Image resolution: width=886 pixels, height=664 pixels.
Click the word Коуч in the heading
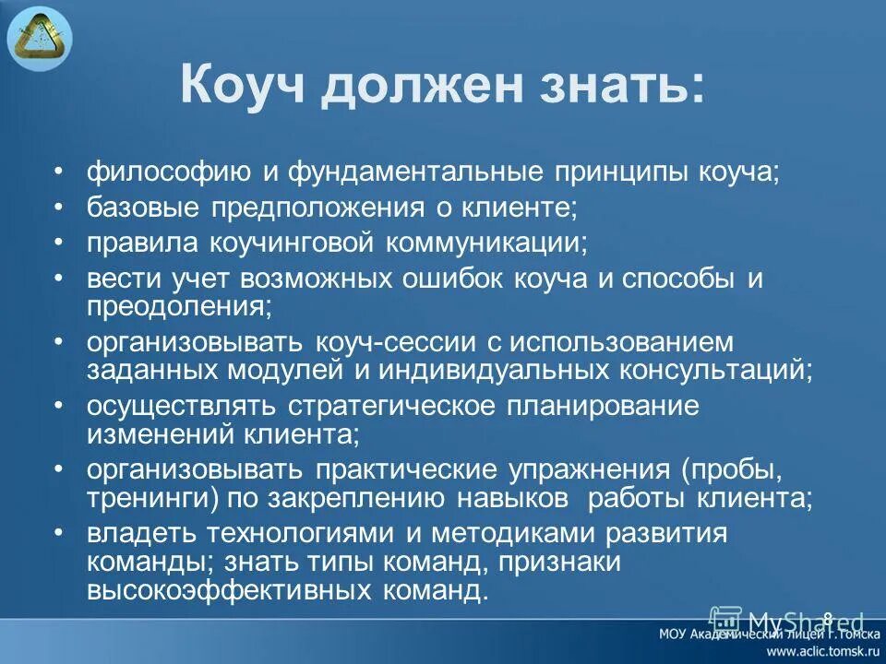243,88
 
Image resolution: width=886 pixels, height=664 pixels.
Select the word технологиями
283,534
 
